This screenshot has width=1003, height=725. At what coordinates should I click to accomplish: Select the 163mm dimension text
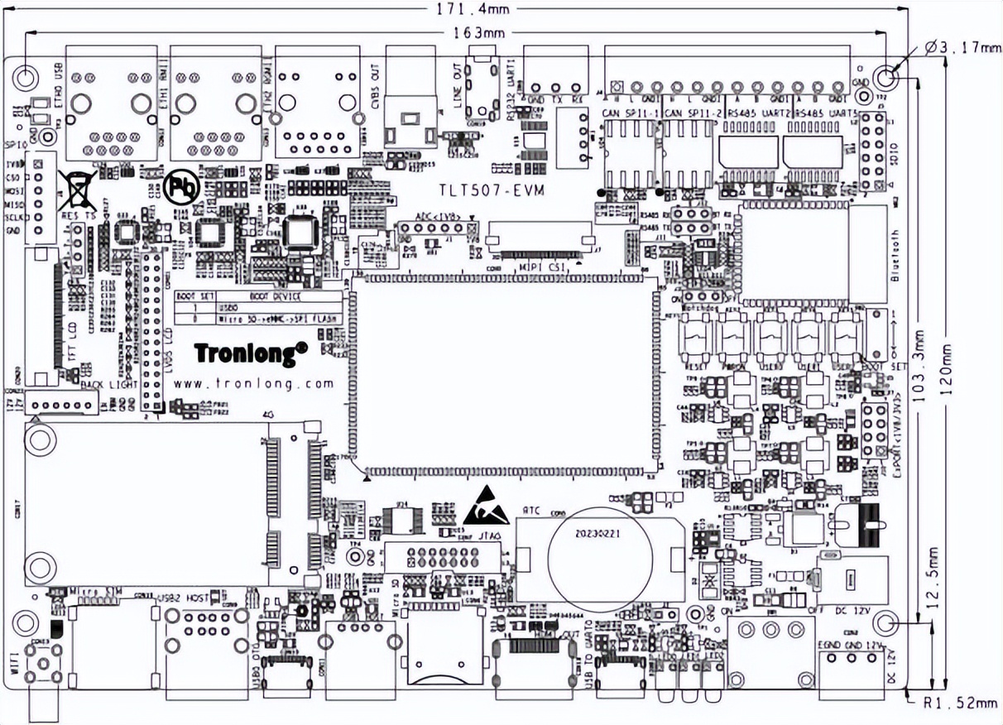(x=480, y=33)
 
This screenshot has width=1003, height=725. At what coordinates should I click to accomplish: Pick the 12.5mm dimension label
(x=933, y=579)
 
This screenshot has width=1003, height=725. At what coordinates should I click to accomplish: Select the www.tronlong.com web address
(x=254, y=383)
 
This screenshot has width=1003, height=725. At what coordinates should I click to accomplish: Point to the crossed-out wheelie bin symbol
(x=77, y=190)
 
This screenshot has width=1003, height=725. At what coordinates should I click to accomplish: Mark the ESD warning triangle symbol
(x=485, y=507)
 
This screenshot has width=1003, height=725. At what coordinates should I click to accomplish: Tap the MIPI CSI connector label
(x=542, y=267)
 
